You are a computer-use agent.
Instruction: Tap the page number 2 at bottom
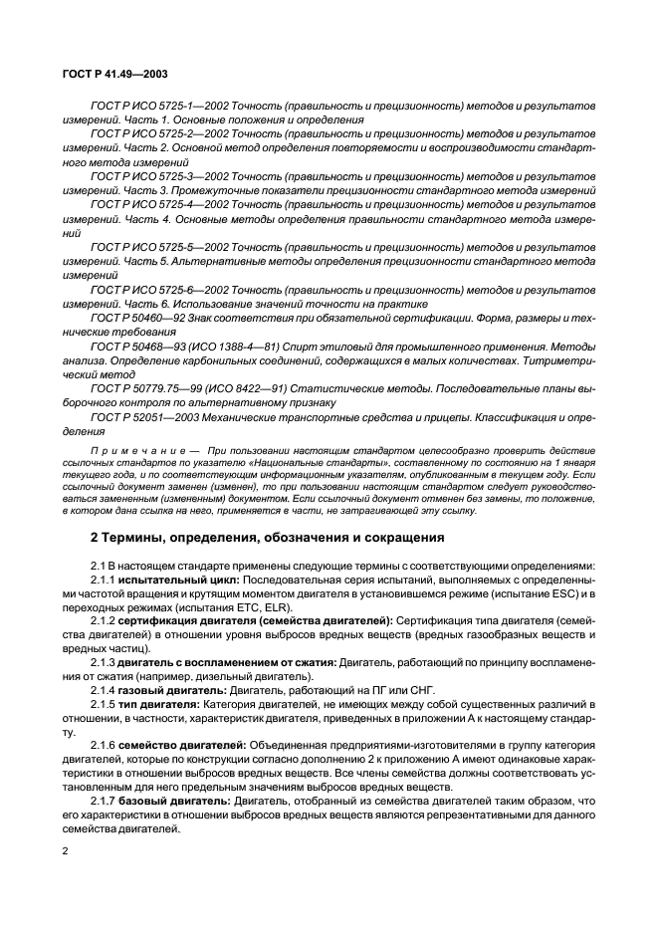(x=66, y=851)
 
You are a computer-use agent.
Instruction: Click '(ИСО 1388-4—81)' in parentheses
(x=253, y=346)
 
